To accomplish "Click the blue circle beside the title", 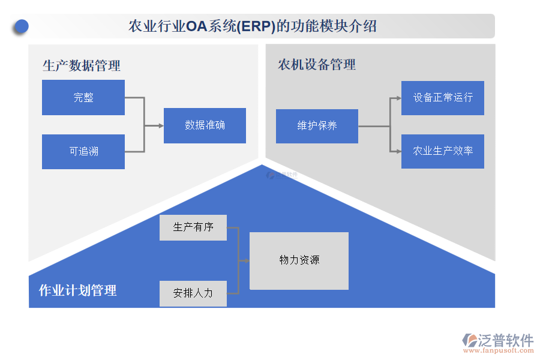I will coord(22,26).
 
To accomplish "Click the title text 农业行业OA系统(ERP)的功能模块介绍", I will coord(253,26).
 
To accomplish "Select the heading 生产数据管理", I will coord(82,65).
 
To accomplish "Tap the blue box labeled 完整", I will coord(83,97).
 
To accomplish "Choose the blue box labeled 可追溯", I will coord(83,151).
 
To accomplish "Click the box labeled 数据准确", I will coord(205,125).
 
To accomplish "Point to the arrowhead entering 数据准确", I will coord(160,125).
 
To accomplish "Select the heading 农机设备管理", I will coord(317,64).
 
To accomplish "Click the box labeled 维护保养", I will coord(317,126).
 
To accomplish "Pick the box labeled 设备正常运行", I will coord(443,98).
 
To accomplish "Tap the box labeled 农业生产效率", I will coord(443,151).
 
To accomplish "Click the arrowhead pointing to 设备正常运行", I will coord(398,98).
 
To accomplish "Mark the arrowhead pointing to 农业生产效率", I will coord(398,151).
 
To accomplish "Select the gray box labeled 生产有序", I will coord(193,227).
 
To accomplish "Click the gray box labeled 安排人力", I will coord(193,293).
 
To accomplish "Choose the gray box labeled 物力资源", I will coord(299,260).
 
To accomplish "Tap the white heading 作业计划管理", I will coord(77,290).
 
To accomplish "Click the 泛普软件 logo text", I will coord(506,340).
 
